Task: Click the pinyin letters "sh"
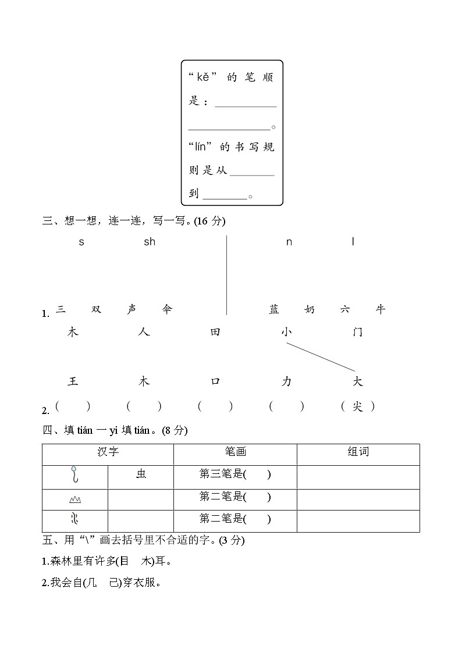pyautogui.click(x=150, y=242)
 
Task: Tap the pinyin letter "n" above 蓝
pyautogui.click(x=289, y=242)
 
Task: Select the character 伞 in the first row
pyautogui.click(x=168, y=309)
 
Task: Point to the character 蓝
pyautogui.click(x=274, y=309)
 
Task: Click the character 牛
pyautogui.click(x=380, y=309)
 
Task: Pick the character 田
pyautogui.click(x=215, y=332)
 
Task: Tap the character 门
pyautogui.click(x=358, y=332)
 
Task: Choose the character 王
pyautogui.click(x=73, y=381)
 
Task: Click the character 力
pyautogui.click(x=286, y=381)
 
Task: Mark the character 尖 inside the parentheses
pyautogui.click(x=358, y=407)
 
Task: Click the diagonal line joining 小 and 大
pyautogui.click(x=320, y=356)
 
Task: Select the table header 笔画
pyautogui.click(x=235, y=452)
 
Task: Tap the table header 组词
pyautogui.click(x=358, y=452)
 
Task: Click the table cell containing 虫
pyautogui.click(x=141, y=474)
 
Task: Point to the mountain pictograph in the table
pyautogui.click(x=74, y=499)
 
